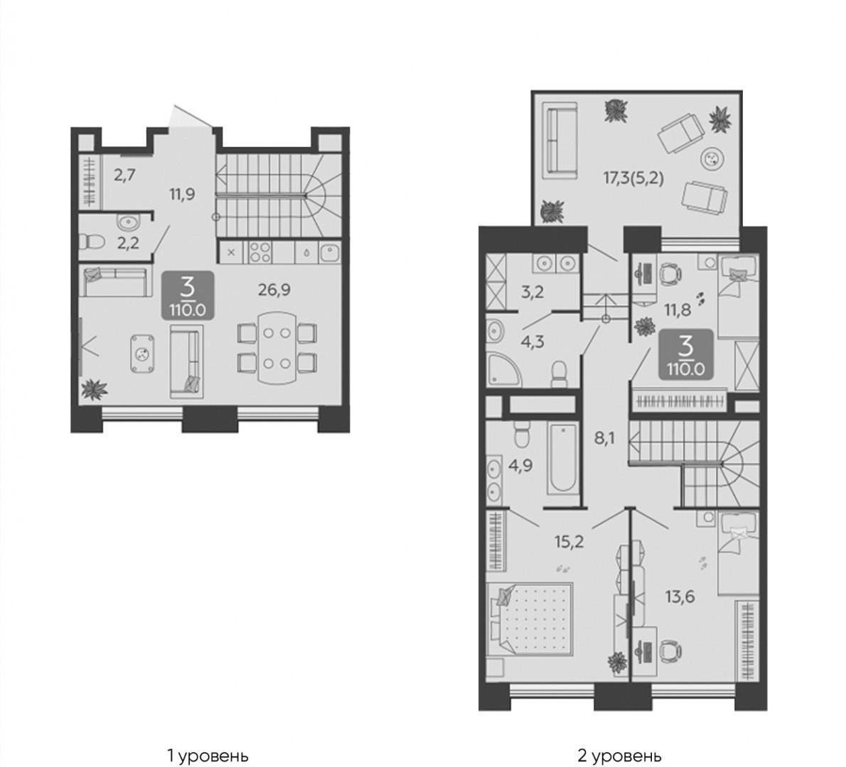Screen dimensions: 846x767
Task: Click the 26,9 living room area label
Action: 274,290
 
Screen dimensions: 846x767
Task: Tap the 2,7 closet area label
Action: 124,175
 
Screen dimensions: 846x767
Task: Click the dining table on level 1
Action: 277,348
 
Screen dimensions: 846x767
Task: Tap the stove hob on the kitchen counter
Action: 261,252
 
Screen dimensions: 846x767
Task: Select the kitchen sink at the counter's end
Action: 330,252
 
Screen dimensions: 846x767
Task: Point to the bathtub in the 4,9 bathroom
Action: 563,459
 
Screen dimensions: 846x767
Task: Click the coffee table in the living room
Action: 142,354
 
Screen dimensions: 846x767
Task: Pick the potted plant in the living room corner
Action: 94,390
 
